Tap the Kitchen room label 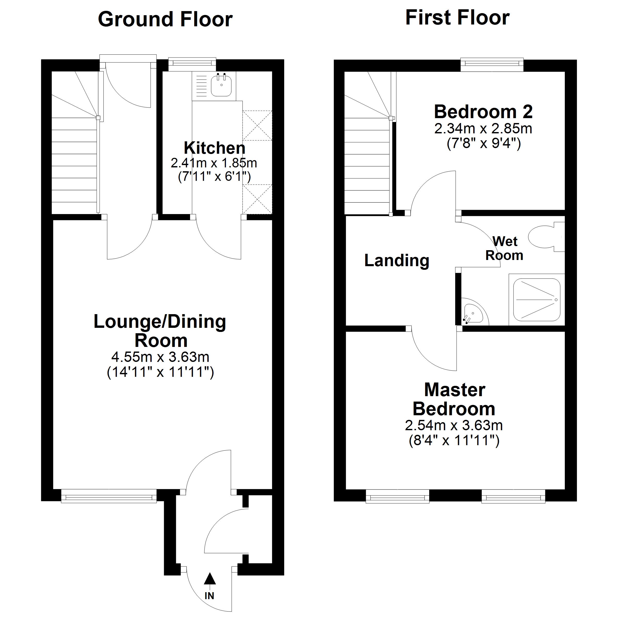coord(215,148)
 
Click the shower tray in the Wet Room coord(537,299)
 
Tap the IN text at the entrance coord(209,596)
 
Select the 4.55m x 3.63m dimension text coord(160,357)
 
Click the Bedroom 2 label coord(483,112)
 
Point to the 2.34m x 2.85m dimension coord(483,129)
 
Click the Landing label coord(397,260)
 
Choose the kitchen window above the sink coord(192,64)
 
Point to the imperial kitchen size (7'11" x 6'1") coord(214,176)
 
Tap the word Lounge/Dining coord(160,322)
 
